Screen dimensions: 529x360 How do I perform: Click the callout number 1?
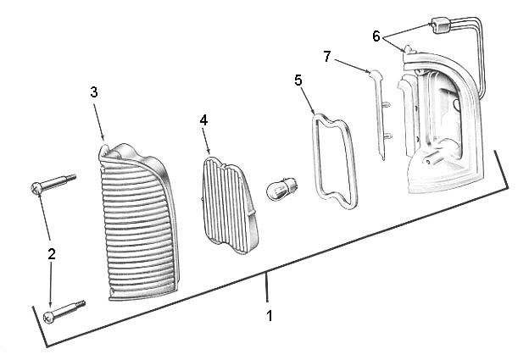[x=269, y=316]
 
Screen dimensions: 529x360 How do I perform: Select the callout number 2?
[x=51, y=254]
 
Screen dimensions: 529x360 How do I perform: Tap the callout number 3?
[x=94, y=92]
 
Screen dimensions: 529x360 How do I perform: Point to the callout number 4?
[x=203, y=120]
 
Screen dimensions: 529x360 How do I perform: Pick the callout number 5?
[x=298, y=80]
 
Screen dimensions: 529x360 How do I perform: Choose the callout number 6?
[x=376, y=36]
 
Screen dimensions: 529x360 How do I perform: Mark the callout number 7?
[x=326, y=57]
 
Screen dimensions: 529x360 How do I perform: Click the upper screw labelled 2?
[x=53, y=184]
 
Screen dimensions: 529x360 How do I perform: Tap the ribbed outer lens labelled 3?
[x=139, y=223]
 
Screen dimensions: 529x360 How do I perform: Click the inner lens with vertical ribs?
[x=230, y=204]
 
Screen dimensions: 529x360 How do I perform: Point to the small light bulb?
[x=281, y=190]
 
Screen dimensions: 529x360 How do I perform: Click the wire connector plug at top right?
[x=441, y=25]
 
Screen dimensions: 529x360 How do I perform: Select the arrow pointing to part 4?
[x=207, y=141]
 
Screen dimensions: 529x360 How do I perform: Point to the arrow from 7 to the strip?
[x=353, y=66]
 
